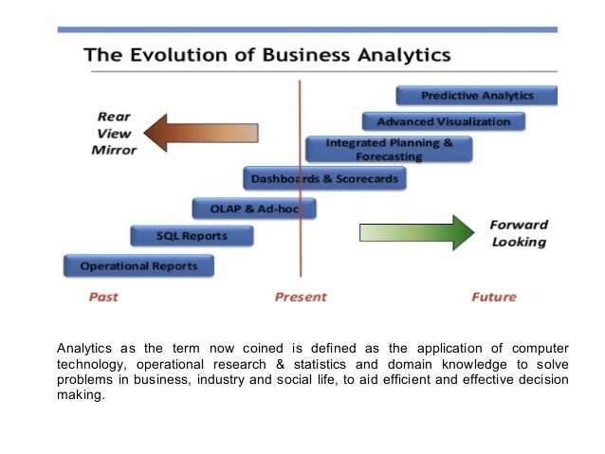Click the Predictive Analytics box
click(476, 96)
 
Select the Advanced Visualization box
click(443, 121)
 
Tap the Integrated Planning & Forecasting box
click(389, 149)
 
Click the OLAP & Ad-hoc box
click(253, 208)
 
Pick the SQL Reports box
click(192, 236)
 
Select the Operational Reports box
click(138, 265)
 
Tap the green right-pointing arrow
click(417, 233)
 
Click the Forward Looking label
click(518, 233)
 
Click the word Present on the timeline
click(301, 297)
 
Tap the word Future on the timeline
click(494, 297)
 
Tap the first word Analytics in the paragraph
click(84, 349)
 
